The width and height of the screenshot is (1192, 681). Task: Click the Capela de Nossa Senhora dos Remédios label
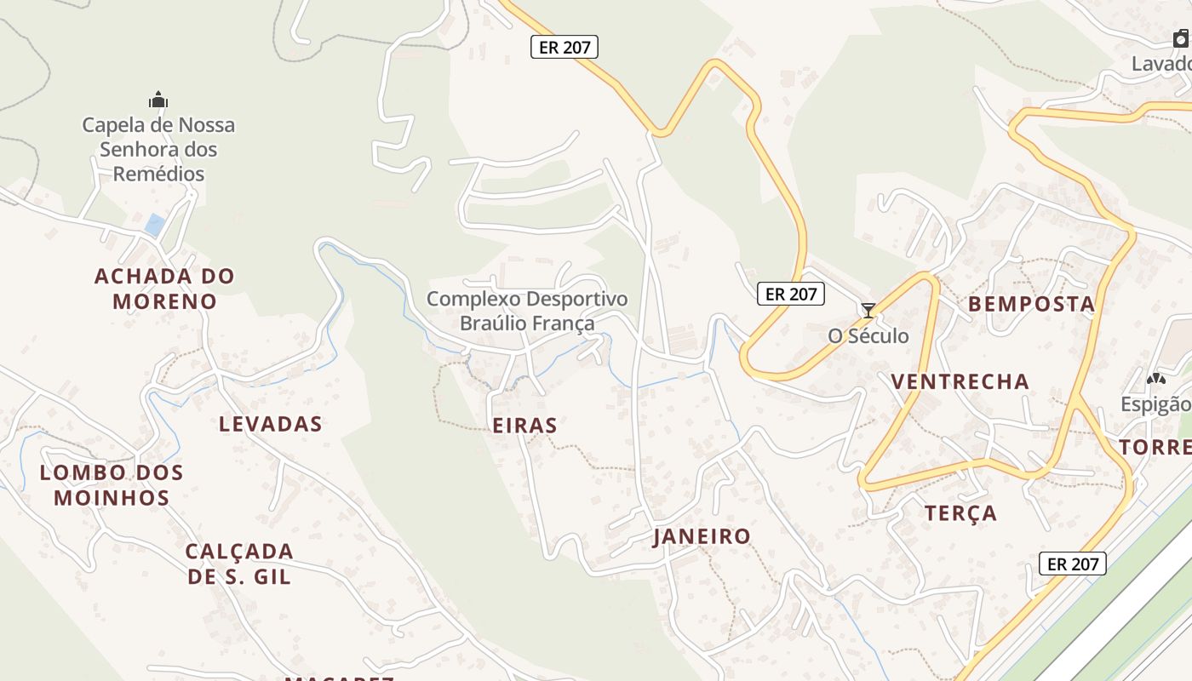pos(158,149)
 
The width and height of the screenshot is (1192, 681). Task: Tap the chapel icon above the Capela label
pos(158,100)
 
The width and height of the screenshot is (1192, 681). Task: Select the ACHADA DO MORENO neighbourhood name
pos(164,289)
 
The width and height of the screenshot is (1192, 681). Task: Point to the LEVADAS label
pos(271,424)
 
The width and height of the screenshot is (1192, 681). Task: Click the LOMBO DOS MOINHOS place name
pos(112,484)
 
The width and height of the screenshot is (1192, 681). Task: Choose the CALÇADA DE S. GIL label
pos(239,564)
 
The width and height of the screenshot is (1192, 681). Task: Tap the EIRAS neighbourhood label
pos(525,426)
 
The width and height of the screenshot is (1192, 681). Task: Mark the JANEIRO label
pos(702,536)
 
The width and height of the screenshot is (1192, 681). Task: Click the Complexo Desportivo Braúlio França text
pos(527,311)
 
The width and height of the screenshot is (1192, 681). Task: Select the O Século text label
pos(868,336)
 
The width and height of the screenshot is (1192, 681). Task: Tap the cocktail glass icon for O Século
pos(868,311)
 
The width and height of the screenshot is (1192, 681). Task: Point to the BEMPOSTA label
pos(1031,304)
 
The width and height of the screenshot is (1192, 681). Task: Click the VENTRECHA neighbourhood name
pos(960,381)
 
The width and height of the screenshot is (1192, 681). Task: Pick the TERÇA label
pos(960,513)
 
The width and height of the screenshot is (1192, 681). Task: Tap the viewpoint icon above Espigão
pos(1155,379)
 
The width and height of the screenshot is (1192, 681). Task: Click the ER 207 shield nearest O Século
pos(791,295)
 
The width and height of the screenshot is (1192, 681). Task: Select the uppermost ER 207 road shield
pos(564,47)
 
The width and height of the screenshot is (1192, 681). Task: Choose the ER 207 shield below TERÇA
pos(1073,564)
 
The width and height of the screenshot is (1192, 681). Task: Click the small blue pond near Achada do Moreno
pos(155,225)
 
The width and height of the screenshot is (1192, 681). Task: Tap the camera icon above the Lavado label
pos(1181,38)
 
